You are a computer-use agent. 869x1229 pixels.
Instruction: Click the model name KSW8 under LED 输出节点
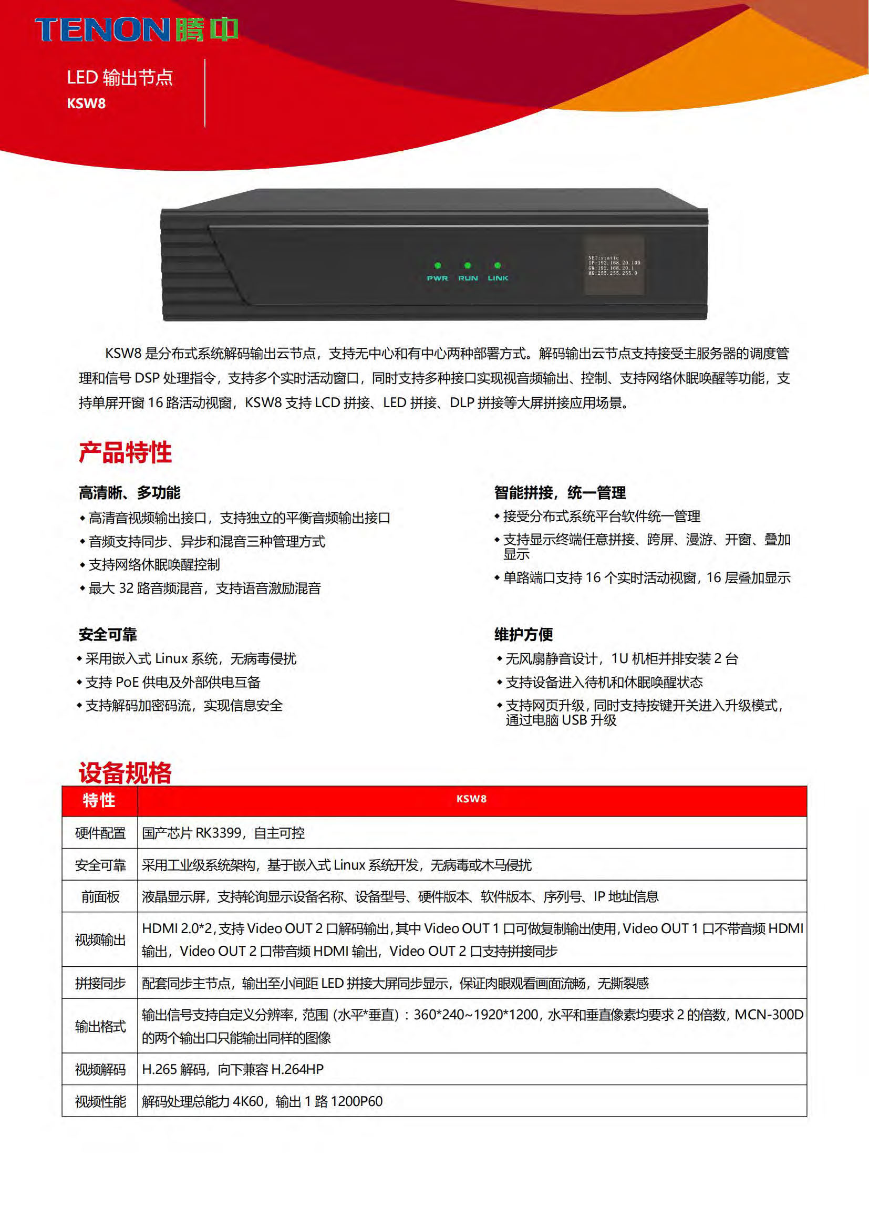(x=86, y=104)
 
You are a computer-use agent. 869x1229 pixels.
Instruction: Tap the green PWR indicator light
(x=438, y=265)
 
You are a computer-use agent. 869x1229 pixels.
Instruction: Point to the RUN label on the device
(x=468, y=278)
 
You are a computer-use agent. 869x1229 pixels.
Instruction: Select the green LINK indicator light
(x=498, y=265)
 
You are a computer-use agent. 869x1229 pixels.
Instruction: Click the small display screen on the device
(x=613, y=265)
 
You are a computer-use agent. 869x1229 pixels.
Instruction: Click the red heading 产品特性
(x=125, y=452)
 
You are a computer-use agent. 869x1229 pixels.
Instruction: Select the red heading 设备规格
(x=125, y=772)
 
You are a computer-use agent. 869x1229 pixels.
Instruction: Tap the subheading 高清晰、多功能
(x=129, y=492)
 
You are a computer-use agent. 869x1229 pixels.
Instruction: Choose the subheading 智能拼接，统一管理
(x=560, y=492)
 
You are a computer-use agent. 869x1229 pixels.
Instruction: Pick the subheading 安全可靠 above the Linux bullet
(x=108, y=634)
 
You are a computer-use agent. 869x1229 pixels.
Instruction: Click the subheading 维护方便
(x=523, y=634)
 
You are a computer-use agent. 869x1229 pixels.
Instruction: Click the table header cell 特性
(x=99, y=800)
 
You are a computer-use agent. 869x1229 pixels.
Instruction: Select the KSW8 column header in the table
(x=471, y=799)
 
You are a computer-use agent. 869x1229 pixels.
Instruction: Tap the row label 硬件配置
(x=100, y=833)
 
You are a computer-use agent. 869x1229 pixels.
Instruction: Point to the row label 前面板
(x=100, y=896)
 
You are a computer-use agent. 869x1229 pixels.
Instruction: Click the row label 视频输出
(x=100, y=939)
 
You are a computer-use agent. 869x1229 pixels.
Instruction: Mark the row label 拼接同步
(x=100, y=983)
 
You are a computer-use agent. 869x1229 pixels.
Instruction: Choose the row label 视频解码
(x=100, y=1069)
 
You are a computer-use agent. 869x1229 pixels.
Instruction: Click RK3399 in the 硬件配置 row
(x=219, y=833)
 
